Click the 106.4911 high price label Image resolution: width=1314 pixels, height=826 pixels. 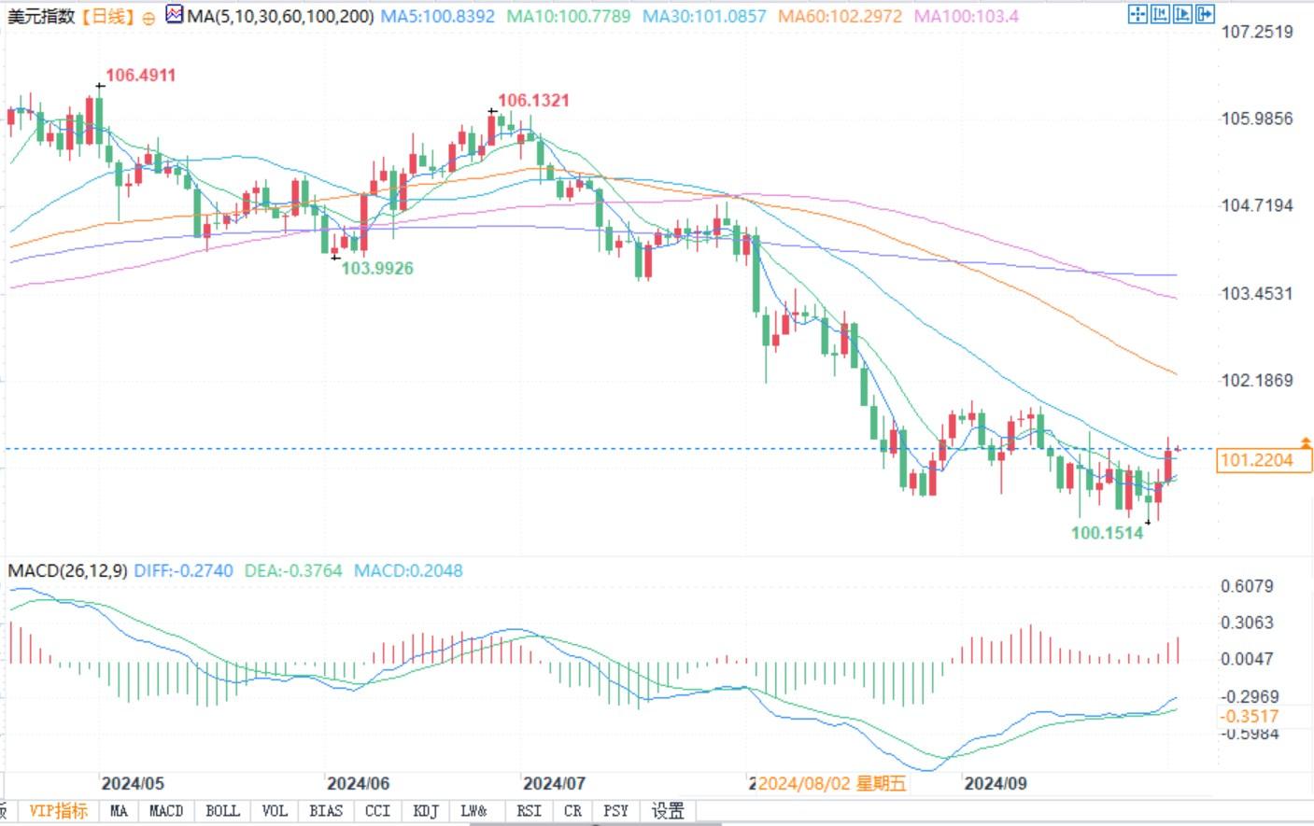(140, 76)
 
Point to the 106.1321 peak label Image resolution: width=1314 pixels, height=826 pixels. (533, 101)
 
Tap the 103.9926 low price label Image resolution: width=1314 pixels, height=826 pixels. (377, 269)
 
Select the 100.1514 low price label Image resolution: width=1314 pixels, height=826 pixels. (1107, 534)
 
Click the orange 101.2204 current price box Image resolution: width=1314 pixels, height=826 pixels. (1264, 460)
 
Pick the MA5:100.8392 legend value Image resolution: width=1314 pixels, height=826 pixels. (438, 17)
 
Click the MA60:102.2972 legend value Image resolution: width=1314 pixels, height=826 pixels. (841, 17)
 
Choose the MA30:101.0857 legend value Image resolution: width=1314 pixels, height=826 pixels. (704, 17)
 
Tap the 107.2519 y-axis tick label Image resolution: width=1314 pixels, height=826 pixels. (1257, 32)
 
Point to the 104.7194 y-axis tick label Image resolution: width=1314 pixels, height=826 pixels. (1257, 205)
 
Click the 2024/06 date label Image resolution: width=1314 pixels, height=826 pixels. (358, 784)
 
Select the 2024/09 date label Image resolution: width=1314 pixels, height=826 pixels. (996, 784)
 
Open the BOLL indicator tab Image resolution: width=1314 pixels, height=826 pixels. (222, 811)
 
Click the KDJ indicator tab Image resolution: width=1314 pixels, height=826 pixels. (426, 811)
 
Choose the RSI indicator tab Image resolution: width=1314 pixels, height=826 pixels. (529, 811)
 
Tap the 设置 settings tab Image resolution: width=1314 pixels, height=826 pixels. (668, 811)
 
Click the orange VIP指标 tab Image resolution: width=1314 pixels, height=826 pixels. (59, 811)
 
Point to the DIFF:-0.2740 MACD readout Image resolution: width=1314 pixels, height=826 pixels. (183, 571)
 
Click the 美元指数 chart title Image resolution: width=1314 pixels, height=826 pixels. (40, 17)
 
